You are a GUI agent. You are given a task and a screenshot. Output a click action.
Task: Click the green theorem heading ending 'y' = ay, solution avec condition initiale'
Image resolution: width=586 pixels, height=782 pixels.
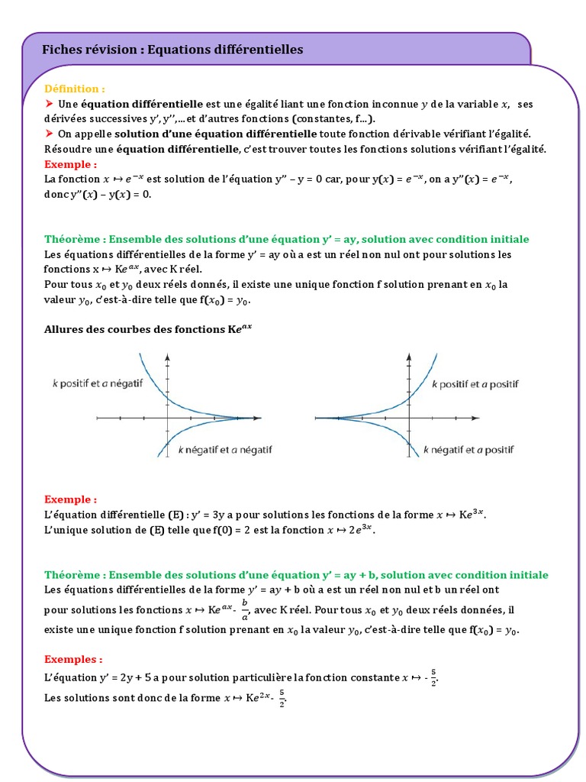tap(286, 239)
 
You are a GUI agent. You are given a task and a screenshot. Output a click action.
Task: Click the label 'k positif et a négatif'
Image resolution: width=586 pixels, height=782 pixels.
tap(98, 384)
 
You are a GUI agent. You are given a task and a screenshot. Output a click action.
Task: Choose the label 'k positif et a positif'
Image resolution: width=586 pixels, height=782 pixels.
tap(475, 384)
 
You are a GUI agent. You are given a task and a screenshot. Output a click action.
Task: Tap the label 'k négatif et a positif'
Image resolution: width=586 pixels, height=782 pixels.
tap(468, 450)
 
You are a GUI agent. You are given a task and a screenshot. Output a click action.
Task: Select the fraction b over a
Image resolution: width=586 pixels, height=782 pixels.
tap(245, 609)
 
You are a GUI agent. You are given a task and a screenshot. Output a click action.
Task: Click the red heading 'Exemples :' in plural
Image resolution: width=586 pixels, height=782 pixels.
tap(73, 659)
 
